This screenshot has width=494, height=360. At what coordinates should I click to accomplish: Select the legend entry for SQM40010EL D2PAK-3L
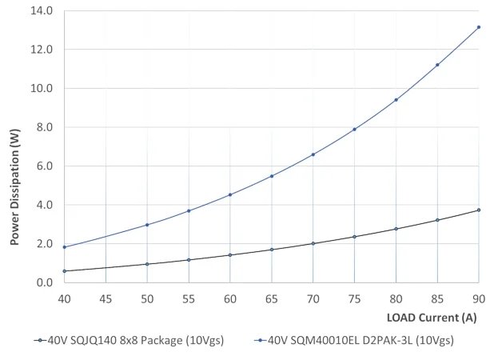tap(357, 340)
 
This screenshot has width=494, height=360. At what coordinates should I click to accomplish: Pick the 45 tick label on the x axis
tap(106, 298)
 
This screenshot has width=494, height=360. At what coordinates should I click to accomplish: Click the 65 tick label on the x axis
tap(271, 298)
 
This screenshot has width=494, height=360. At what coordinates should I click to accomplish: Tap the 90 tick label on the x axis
tap(478, 298)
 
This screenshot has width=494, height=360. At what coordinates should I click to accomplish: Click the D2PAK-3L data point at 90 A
tap(478, 27)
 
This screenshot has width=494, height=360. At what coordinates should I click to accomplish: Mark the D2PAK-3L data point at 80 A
tap(396, 100)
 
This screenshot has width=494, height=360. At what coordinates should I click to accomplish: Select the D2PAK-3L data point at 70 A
tap(313, 154)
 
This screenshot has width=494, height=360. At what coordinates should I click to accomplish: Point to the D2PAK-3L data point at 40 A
tap(64, 247)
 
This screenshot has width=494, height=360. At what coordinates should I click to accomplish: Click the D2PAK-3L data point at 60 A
tap(230, 194)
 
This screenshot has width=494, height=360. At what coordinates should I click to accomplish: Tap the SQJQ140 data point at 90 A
tap(478, 210)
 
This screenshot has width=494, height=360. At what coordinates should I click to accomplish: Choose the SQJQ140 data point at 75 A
tap(354, 237)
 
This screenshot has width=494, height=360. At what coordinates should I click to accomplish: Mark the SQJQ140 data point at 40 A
tap(64, 271)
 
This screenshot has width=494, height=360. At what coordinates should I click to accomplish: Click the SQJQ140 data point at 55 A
tap(189, 260)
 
